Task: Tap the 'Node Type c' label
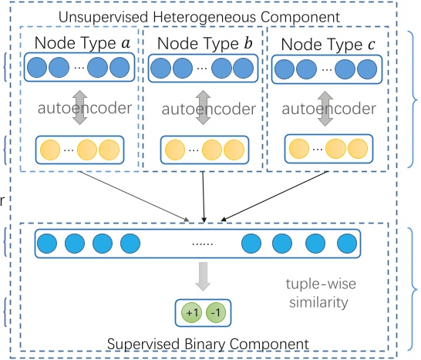[327, 45]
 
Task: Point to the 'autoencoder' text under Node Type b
[202, 109]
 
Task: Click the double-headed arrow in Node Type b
[203, 106]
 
